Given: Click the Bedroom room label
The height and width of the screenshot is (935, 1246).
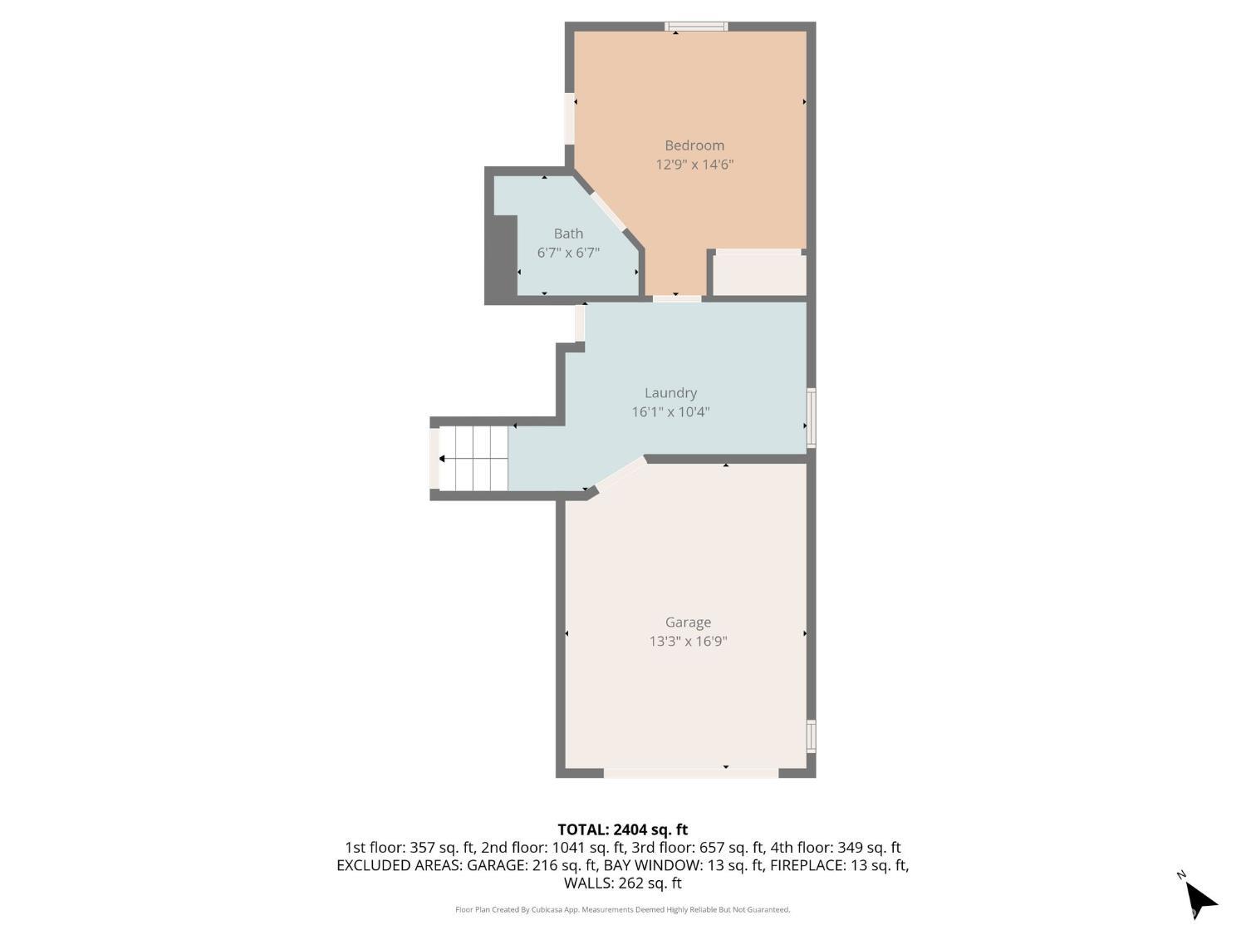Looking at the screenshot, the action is click(694, 145).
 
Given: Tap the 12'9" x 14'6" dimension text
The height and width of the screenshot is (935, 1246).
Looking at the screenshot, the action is click(694, 165).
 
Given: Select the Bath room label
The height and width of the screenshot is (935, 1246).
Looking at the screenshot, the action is click(568, 234).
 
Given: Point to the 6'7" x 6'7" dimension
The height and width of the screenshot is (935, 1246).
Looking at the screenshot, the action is click(568, 253).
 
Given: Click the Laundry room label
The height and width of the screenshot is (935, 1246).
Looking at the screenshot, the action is click(670, 393).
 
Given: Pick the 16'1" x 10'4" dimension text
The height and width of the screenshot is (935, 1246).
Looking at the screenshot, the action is click(670, 411).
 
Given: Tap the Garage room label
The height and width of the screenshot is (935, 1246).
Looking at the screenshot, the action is click(688, 623).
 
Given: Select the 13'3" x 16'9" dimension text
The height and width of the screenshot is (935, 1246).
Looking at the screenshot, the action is click(688, 641).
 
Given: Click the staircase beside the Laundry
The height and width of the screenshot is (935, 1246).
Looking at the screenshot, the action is click(473, 459).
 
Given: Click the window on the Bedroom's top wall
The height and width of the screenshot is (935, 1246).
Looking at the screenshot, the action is click(696, 26).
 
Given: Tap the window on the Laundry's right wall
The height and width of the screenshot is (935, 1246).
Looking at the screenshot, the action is click(812, 418).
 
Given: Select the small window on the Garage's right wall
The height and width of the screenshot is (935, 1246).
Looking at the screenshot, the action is click(812, 736).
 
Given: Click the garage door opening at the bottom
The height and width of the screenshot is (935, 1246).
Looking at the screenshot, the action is click(691, 773).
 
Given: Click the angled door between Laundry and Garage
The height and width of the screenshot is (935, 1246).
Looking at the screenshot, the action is click(621, 475).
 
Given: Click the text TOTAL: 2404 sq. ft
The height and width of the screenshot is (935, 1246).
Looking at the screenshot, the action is click(623, 829).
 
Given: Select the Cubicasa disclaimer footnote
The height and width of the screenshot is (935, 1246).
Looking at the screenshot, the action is click(623, 909).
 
